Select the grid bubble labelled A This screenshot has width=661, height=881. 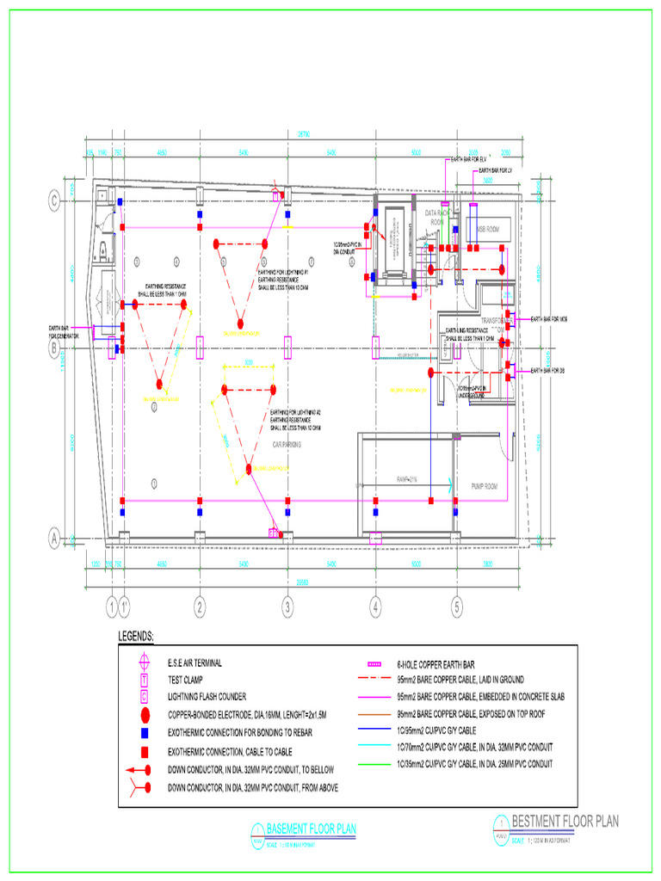click(55, 539)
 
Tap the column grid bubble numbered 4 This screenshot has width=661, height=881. click(375, 607)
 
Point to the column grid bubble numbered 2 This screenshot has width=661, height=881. click(199, 607)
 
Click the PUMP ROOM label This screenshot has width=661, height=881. click(485, 486)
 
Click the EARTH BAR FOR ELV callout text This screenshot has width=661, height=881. click(468, 159)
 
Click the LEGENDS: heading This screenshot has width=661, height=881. click(136, 637)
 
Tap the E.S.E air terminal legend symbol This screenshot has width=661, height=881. click(145, 662)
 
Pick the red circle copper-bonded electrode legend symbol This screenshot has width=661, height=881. click(145, 715)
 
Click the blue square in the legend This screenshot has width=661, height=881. click(145, 732)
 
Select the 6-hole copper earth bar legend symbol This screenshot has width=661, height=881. click(374, 665)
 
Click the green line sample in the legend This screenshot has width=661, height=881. click(374, 764)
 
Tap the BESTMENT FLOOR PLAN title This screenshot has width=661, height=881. click(565, 821)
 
